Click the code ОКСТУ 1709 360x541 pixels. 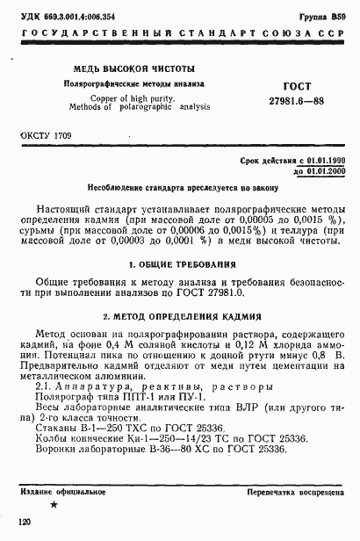pos(45,139)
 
